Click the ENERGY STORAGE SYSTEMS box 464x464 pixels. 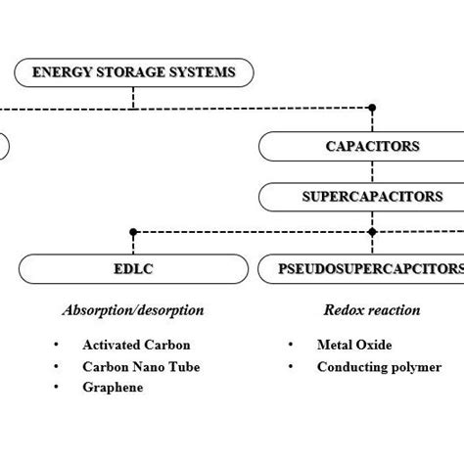134,71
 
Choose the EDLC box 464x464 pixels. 133,267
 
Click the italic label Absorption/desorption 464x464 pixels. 133,310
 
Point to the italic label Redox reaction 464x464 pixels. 372,310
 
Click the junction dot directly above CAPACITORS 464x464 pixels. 372,107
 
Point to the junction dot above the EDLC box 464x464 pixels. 133,232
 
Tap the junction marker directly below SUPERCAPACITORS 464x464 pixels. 372,232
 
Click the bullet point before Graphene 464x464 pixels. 57,388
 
